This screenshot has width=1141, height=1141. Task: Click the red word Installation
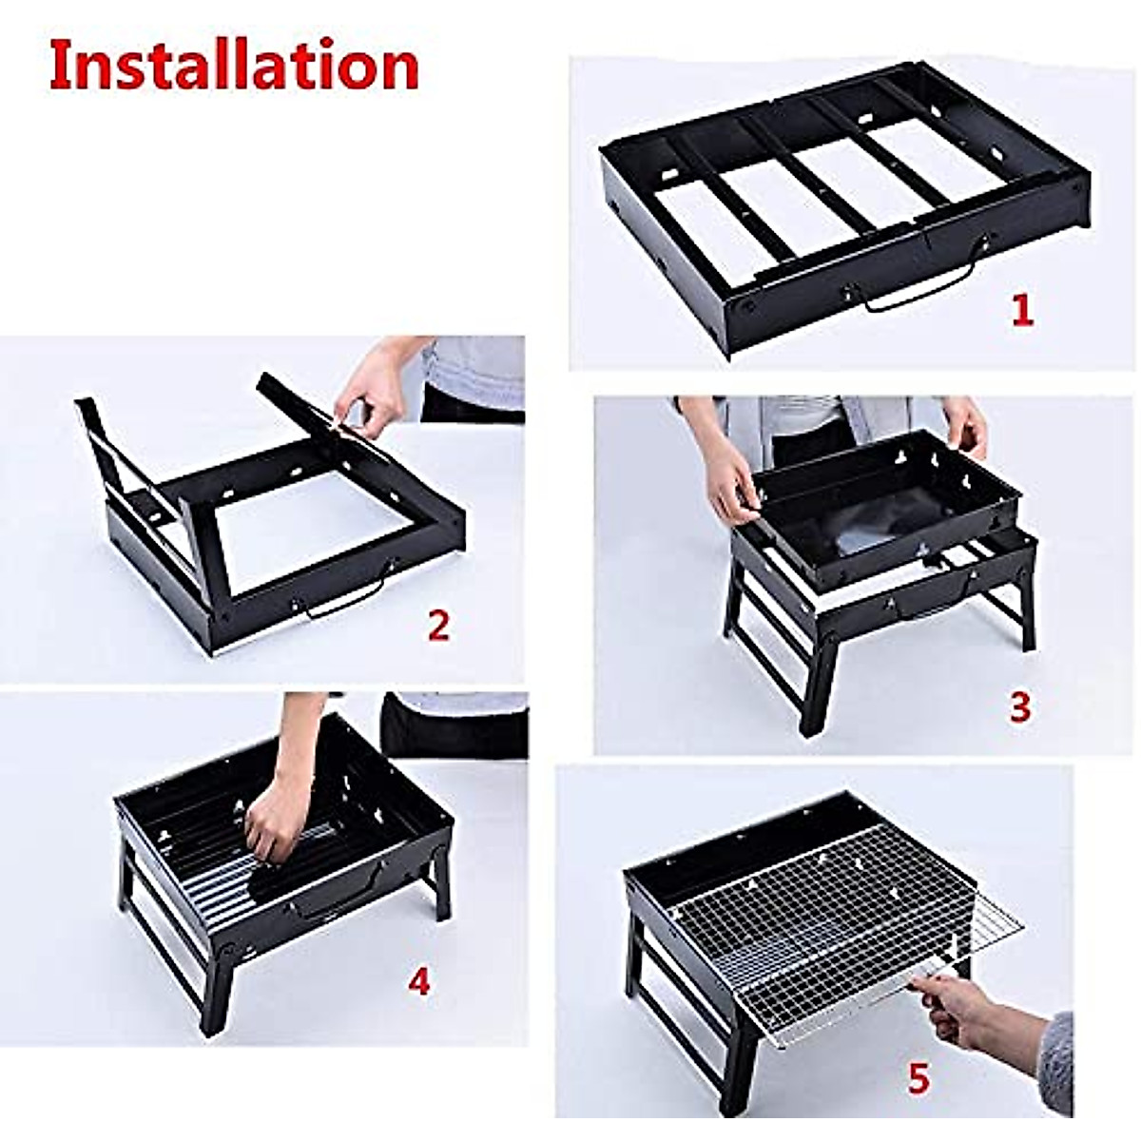pyautogui.click(x=234, y=66)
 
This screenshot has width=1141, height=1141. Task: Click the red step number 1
pyautogui.click(x=1022, y=311)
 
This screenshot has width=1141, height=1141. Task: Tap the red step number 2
pyautogui.click(x=438, y=625)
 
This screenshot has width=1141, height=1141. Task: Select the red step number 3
pyautogui.click(x=1019, y=706)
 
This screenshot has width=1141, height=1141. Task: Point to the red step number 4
pyautogui.click(x=418, y=981)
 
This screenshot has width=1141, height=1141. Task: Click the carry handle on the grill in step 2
pyautogui.click(x=344, y=599)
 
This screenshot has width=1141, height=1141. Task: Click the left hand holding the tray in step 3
pyautogui.click(x=732, y=485)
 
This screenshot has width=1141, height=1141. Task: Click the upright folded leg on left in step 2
pyautogui.click(x=105, y=456)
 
